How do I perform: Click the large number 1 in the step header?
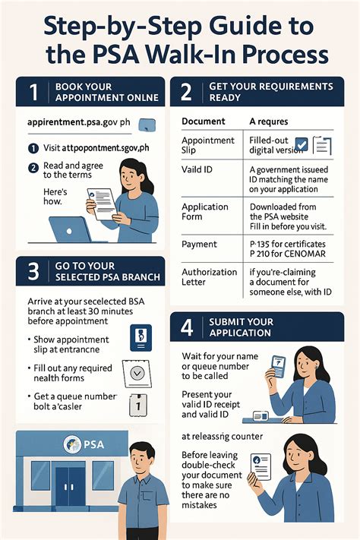[33, 93]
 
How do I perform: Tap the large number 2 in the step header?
[186, 93]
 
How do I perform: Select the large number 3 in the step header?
[33, 272]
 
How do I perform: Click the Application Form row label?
[205, 212]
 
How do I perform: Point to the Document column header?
[204, 121]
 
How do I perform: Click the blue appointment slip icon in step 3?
[141, 337]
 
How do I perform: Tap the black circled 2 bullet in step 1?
[33, 168]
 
